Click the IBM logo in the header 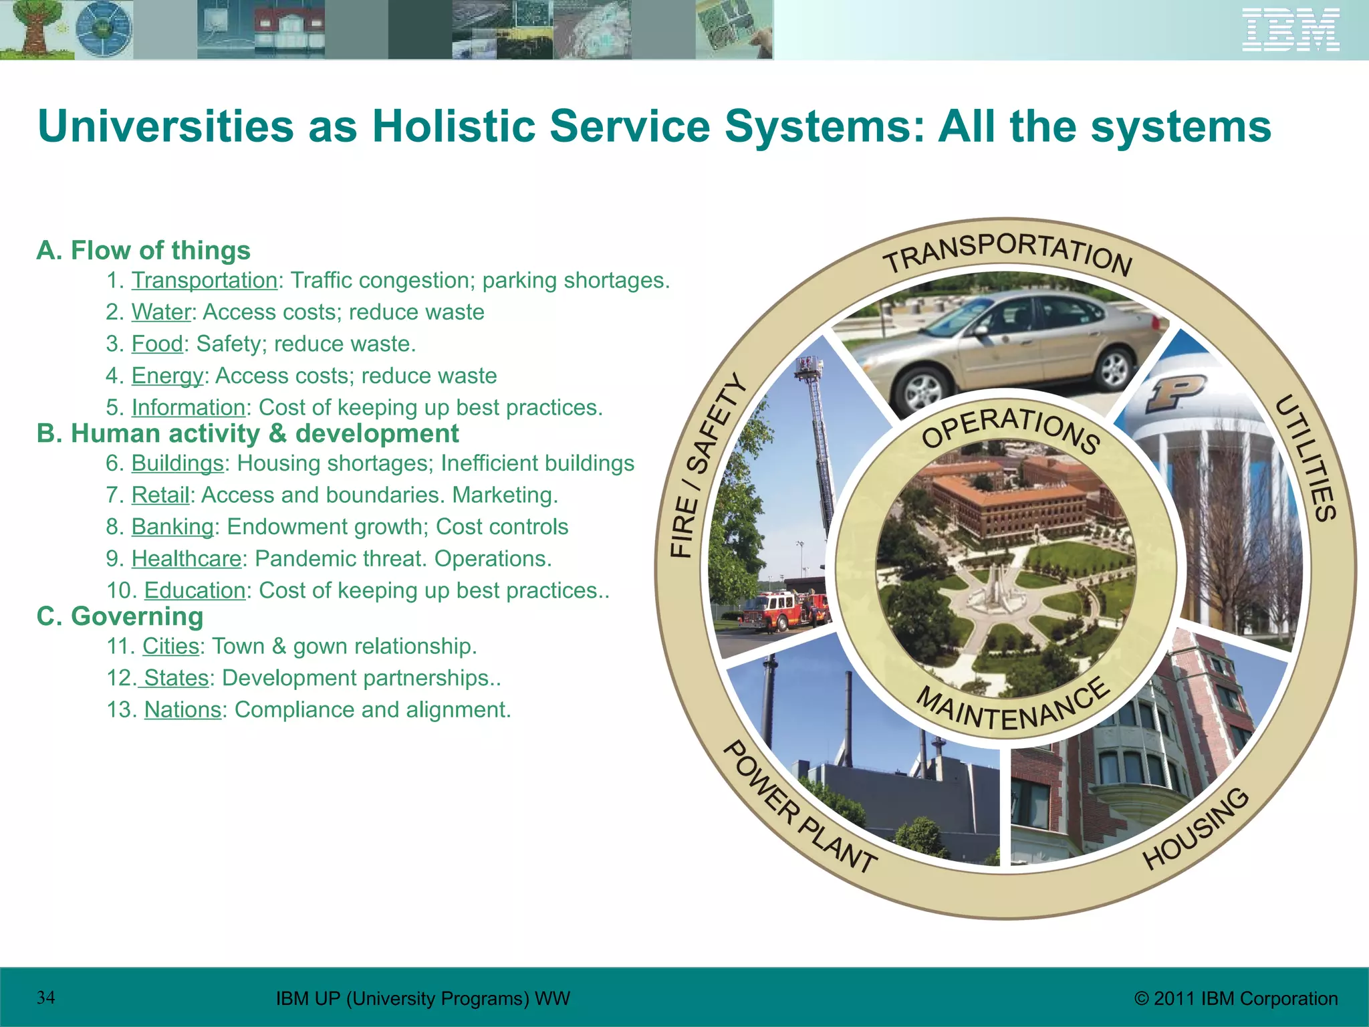point(1290,30)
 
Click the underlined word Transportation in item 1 point(204,280)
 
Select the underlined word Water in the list point(161,312)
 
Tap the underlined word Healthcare point(186,558)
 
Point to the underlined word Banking point(172,527)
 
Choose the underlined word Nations point(182,709)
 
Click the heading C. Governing point(120,616)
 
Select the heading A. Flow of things point(144,250)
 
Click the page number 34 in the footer point(46,998)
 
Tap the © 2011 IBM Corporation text point(1236,998)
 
